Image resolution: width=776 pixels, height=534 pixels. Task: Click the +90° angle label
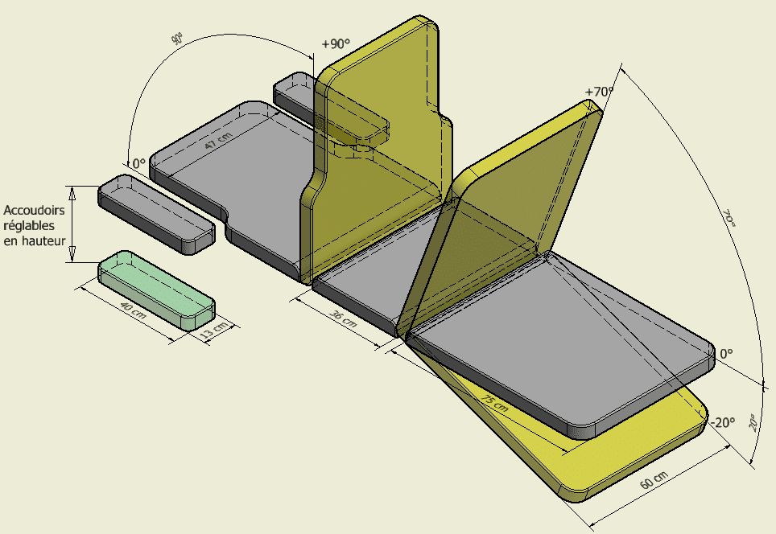click(x=336, y=44)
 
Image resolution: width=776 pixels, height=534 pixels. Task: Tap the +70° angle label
click(x=599, y=92)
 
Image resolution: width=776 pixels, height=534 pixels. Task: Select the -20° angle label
click(x=723, y=423)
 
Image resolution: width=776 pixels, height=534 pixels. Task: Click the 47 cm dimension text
click(x=218, y=141)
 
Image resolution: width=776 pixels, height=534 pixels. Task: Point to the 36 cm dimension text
click(x=343, y=318)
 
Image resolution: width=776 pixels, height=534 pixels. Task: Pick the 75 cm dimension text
click(x=494, y=403)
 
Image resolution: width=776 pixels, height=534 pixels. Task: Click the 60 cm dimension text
click(x=654, y=480)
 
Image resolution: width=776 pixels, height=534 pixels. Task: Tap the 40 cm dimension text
click(x=133, y=310)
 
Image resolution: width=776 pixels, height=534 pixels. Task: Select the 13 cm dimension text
click(x=214, y=330)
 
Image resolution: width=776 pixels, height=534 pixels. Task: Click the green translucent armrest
click(x=156, y=290)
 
